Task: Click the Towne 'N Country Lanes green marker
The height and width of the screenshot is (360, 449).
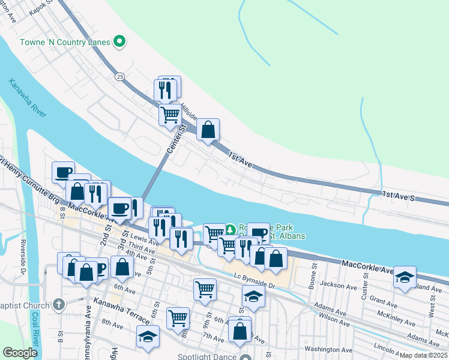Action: pyautogui.click(x=119, y=41)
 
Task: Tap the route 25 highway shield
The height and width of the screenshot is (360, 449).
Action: pyautogui.click(x=120, y=77)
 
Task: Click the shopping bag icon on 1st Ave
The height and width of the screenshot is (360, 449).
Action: pyautogui.click(x=208, y=130)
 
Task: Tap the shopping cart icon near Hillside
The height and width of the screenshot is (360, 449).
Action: pyautogui.click(x=170, y=113)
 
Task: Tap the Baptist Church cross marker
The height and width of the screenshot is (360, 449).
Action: pyautogui.click(x=58, y=304)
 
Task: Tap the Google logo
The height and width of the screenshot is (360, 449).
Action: pyautogui.click(x=20, y=353)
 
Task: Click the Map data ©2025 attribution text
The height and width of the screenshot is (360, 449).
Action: pyautogui.click(x=424, y=355)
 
